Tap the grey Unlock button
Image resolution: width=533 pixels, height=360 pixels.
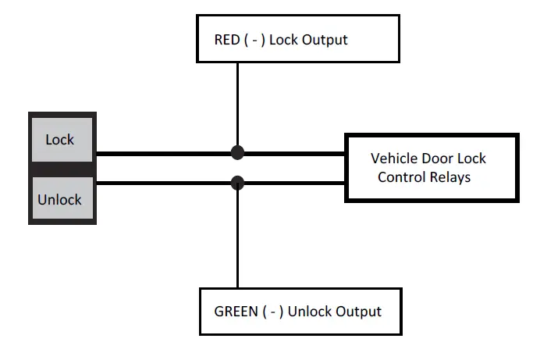click(60, 199)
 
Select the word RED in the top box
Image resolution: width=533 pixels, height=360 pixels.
click(229, 38)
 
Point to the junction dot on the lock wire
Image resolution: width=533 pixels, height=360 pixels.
click(238, 152)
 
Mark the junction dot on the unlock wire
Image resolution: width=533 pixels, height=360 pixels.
click(238, 184)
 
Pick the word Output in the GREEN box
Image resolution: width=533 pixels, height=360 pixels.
click(358, 312)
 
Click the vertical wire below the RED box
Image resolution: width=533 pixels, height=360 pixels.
click(238, 102)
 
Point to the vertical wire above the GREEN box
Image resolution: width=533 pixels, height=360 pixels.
click(238, 242)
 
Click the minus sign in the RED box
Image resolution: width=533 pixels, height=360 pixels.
click(258, 38)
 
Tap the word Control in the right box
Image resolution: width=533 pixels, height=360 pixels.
click(401, 177)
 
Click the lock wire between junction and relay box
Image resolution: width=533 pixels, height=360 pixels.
click(293, 153)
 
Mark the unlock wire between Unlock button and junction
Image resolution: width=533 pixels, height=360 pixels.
click(164, 184)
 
